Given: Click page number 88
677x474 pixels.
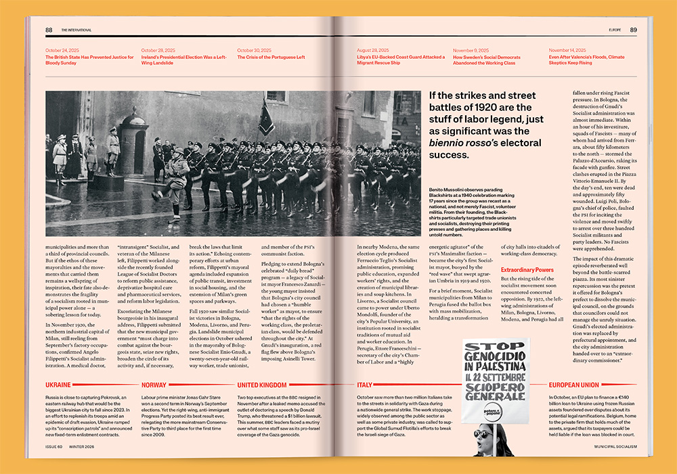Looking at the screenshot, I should coord(49,30).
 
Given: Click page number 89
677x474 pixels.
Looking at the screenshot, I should coord(633,30).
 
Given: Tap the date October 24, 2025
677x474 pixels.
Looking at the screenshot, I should coord(62,51).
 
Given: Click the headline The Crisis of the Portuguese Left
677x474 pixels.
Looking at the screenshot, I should coord(271,58).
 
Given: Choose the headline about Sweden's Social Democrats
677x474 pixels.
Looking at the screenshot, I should coord(487,60).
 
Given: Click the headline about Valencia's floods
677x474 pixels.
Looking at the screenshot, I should coord(586,60).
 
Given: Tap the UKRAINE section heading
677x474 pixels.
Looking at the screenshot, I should coord(58,385).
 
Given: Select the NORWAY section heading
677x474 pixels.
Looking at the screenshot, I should coord(154,385).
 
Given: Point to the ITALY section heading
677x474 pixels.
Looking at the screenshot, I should coord(365,385).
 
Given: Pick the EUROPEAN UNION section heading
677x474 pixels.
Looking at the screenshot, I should coord(575,385).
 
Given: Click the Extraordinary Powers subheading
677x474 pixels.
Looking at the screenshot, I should coord(527,270).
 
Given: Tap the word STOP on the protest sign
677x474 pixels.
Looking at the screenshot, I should coord(494,348).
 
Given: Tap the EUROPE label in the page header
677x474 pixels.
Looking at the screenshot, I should coord(615,30).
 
